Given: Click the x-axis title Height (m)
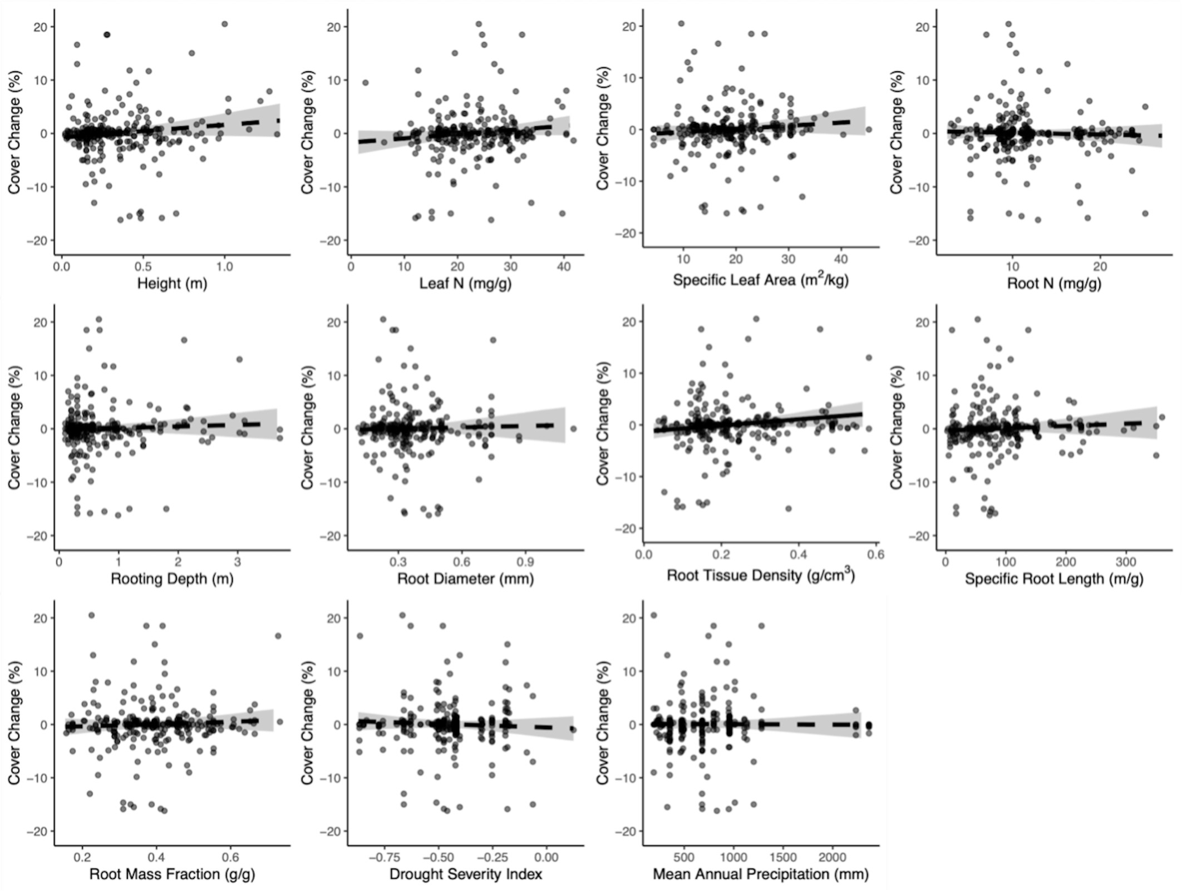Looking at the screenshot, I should tap(172, 284).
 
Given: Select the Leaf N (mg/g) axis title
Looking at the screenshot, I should tap(465, 284).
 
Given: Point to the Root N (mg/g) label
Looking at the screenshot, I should tap(1053, 284).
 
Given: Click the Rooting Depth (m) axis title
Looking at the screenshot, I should tap(172, 579).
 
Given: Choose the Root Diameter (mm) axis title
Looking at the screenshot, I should tap(465, 579).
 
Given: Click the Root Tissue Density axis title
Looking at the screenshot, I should tap(760, 575).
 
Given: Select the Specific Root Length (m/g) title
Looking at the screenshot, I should tap(1053, 579).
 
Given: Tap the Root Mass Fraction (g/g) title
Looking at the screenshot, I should tap(172, 874).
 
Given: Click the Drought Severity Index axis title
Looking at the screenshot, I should tap(465, 874).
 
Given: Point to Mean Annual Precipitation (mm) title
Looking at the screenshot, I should tap(760, 874).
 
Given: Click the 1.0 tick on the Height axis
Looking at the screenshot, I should tap(224, 267).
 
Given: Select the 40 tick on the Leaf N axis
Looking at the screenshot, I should tap(564, 267).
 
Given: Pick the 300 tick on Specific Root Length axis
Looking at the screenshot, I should tap(1126, 562).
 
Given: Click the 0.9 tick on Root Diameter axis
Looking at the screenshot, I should tap(525, 562).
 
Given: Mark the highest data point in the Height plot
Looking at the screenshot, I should tap(224, 24).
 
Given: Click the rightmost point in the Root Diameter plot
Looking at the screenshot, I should tap(573, 429).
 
